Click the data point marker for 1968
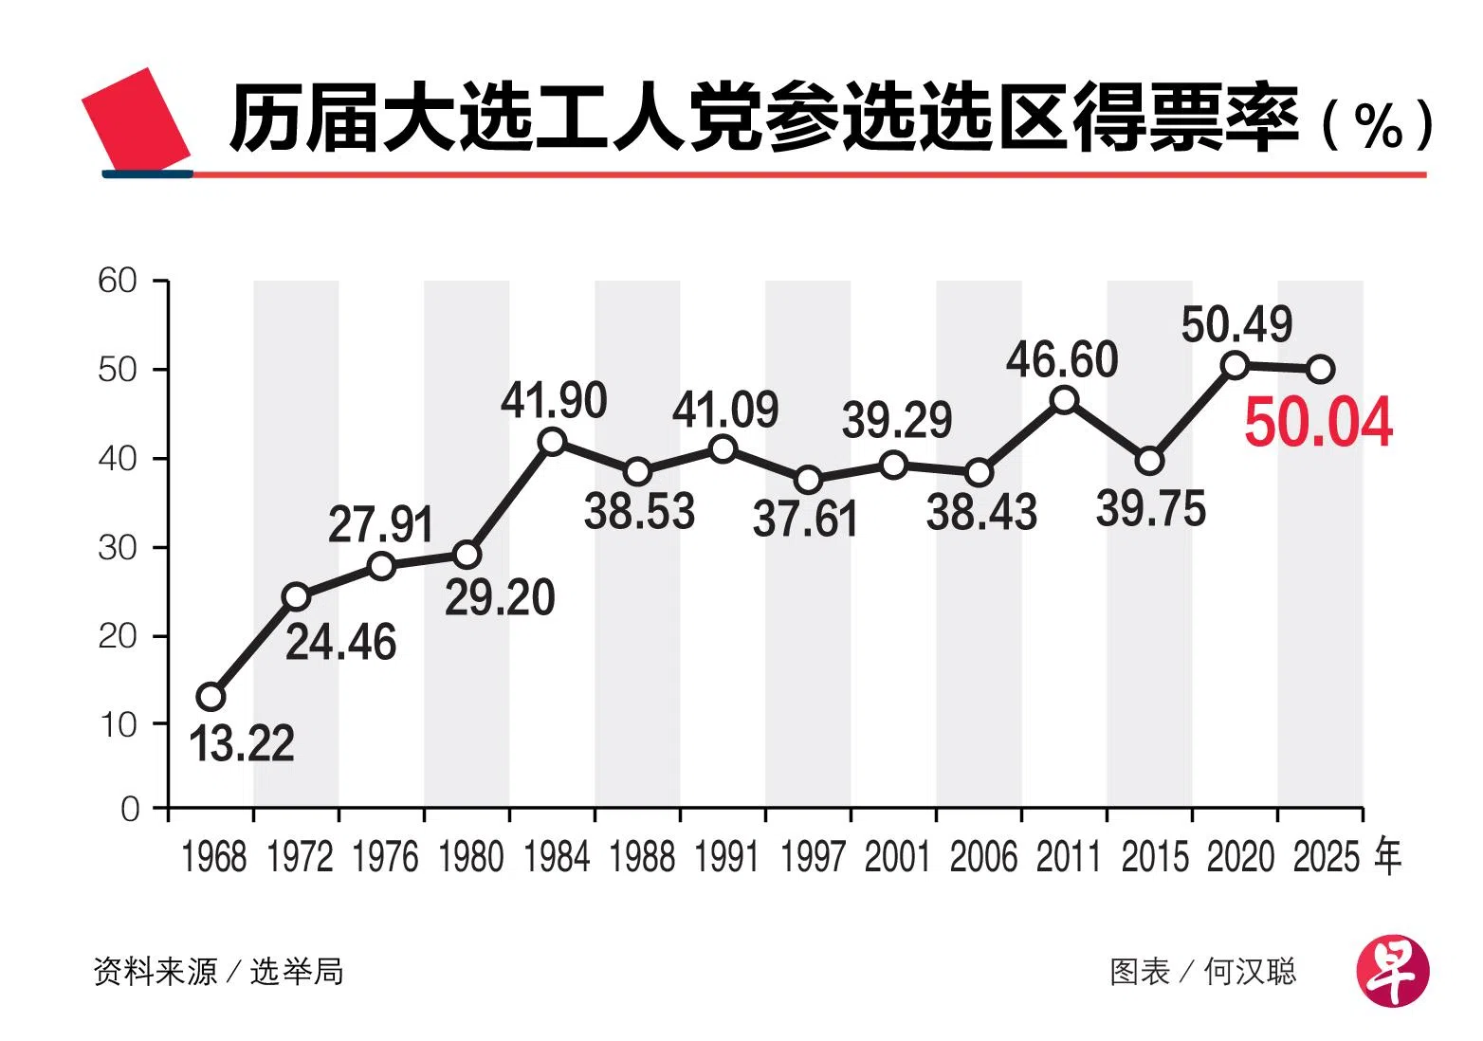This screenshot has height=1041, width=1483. [x=211, y=697]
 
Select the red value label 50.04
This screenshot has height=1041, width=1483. [x=1318, y=423]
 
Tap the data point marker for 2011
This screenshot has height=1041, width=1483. [x=1064, y=400]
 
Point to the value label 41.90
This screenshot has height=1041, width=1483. [x=554, y=401]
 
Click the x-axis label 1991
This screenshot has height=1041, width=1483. [x=727, y=857]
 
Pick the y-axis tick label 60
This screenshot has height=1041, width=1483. [x=118, y=281]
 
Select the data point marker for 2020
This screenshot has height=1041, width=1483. [x=1235, y=365]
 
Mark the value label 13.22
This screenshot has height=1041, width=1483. [x=242, y=743]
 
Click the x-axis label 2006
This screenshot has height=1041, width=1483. [x=983, y=857]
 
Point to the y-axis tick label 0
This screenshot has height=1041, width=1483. [x=130, y=809]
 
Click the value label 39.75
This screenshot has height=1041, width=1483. [x=1151, y=510]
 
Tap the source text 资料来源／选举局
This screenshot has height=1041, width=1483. [x=218, y=972]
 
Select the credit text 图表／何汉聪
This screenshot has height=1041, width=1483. [x=1202, y=972]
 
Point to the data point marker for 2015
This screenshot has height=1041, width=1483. [x=1149, y=461]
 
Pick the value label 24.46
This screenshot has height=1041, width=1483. [x=340, y=643]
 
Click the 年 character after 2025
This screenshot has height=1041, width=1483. [x=1387, y=857]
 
